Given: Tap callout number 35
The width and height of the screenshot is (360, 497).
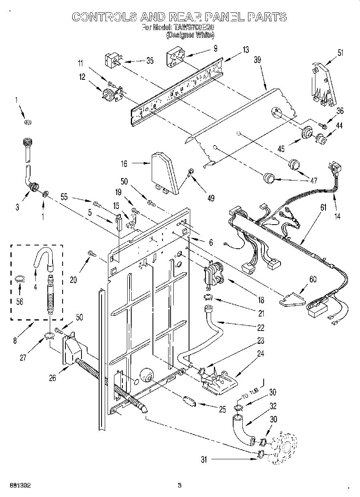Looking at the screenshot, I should (x=150, y=61).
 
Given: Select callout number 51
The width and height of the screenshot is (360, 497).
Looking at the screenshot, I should (x=340, y=52).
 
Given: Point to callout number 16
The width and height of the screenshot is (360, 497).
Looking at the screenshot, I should (x=124, y=163).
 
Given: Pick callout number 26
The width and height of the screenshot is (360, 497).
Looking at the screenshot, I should (x=53, y=377).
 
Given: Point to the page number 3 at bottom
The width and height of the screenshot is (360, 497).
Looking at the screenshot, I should (x=179, y=485).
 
